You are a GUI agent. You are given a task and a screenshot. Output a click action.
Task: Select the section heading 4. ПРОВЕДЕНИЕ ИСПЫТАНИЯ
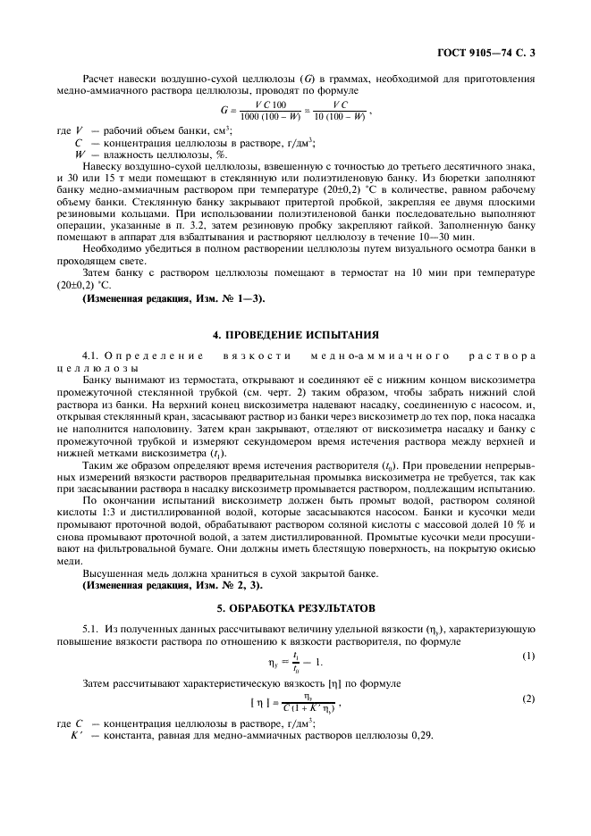click(295, 335)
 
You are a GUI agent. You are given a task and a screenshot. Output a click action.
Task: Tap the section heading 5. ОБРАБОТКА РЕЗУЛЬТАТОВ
click(295, 607)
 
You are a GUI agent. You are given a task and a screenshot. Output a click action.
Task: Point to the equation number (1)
click(528, 656)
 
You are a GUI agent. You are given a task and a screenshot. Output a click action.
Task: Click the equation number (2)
click(528, 699)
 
